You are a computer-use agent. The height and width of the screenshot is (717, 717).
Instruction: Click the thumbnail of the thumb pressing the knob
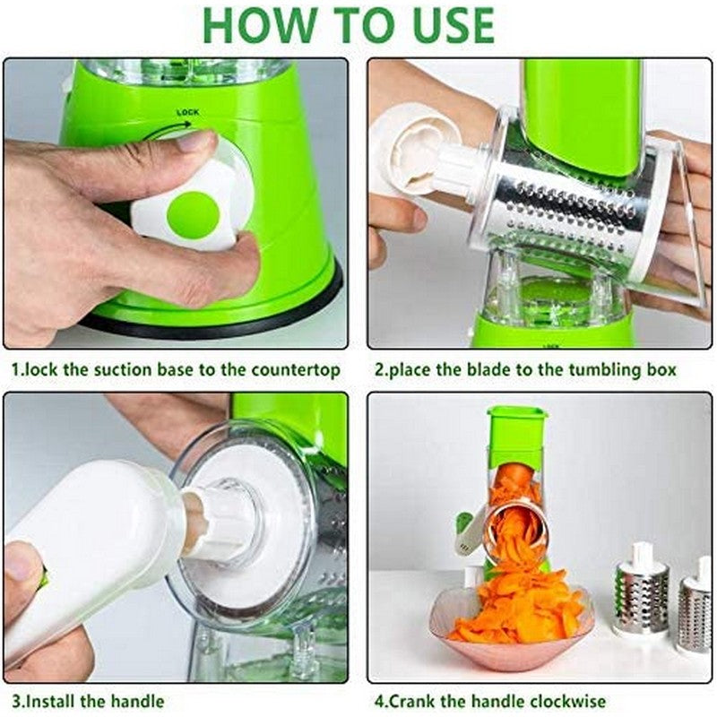pyautogui.click(x=192, y=142)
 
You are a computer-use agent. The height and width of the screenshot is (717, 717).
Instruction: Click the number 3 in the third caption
pyautogui.click(x=15, y=701)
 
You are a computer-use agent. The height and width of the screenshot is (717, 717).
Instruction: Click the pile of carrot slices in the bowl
pyautogui.click(x=515, y=609)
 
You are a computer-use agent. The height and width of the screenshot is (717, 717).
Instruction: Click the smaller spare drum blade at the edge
pyautogui.click(x=695, y=609)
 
